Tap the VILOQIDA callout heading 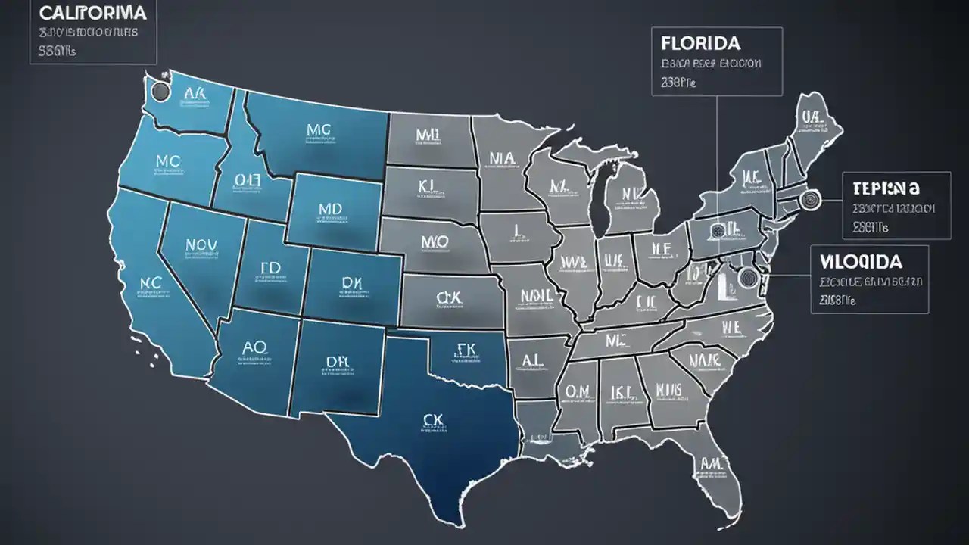click(x=860, y=262)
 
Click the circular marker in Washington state click(x=160, y=92)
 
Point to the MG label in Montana click(x=319, y=129)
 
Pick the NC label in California click(x=151, y=282)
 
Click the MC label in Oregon click(x=167, y=161)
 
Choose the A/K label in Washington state click(x=194, y=93)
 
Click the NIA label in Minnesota click(x=502, y=157)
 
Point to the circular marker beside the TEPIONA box click(x=809, y=201)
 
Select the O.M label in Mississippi click(x=577, y=390)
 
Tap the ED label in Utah click(x=270, y=269)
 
